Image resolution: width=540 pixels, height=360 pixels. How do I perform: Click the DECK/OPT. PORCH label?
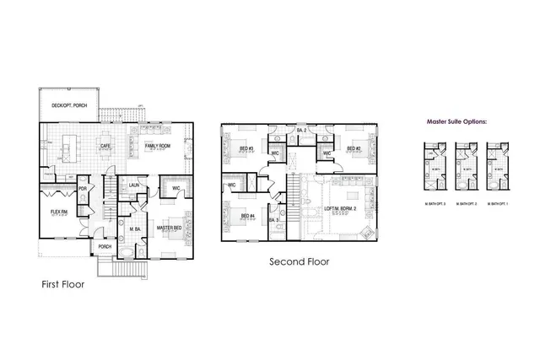click(69, 105)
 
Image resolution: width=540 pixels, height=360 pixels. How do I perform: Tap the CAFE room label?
click(106, 146)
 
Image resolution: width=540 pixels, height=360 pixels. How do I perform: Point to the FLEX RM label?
click(57, 212)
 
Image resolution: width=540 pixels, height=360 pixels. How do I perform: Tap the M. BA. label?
click(135, 228)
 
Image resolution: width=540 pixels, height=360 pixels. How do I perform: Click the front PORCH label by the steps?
click(105, 247)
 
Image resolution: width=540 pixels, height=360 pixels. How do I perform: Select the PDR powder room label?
click(83, 189)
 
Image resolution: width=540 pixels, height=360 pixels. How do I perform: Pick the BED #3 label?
click(246, 149)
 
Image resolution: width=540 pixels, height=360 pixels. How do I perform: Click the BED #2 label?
click(353, 149)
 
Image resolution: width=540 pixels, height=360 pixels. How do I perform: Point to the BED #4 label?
click(246, 216)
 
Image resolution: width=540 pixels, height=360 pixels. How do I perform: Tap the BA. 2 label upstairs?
click(300, 131)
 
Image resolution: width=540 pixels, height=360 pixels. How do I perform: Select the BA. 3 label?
click(273, 220)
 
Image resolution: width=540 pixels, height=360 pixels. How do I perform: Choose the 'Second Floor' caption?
click(299, 261)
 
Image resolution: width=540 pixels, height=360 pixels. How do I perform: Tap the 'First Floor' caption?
click(63, 284)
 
